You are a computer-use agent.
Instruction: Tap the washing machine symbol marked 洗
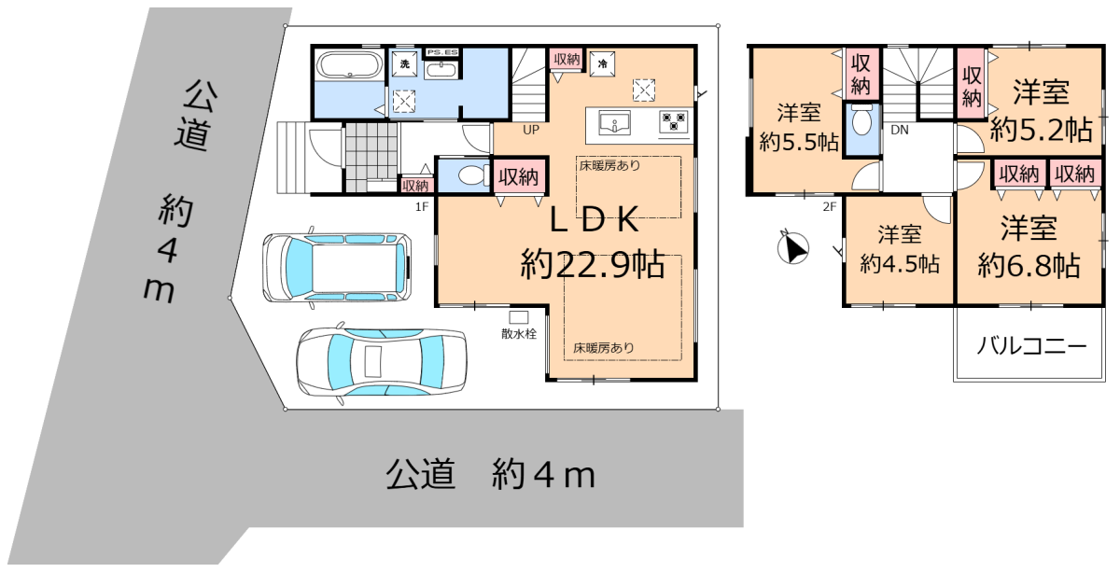point(404,64)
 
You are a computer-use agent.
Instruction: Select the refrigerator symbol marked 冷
point(603,64)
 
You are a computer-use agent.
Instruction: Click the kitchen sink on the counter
point(614,123)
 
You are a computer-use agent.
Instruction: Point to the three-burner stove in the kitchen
point(673,121)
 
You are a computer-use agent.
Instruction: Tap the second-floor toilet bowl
point(861,120)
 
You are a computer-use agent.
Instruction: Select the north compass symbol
point(793,248)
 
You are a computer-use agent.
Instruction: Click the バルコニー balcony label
point(1031,346)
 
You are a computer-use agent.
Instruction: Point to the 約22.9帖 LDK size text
point(593,263)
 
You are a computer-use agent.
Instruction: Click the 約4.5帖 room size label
point(900,263)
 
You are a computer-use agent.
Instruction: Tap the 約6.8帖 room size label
point(1029,265)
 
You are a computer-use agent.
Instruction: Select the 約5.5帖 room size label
point(799,142)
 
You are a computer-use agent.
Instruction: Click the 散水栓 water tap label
point(519,333)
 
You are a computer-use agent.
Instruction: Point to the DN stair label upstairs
point(900,130)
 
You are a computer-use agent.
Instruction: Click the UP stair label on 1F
point(531,130)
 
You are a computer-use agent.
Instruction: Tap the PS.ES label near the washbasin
point(442,52)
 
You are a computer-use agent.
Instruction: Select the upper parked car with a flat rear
point(337,267)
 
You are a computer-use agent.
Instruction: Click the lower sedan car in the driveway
point(382,361)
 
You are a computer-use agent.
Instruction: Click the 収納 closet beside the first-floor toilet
point(519,176)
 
